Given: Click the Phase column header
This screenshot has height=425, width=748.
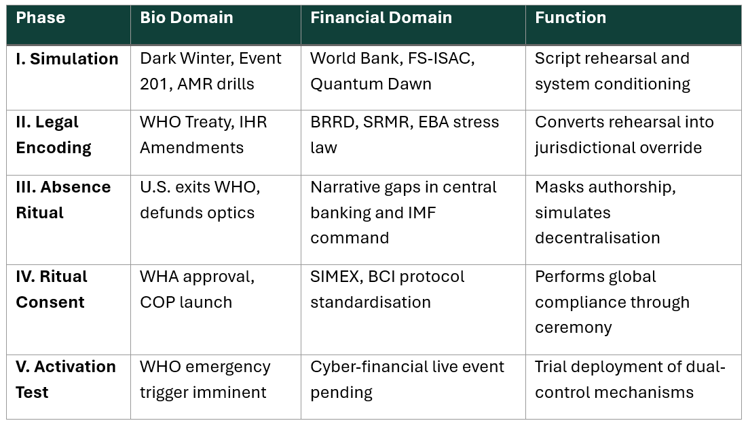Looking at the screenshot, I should pos(40,18).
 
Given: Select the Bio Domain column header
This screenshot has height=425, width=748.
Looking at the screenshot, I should pos(186,18).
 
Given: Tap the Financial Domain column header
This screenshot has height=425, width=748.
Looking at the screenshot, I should pos(381,18).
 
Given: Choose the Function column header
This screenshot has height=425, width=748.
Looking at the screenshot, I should pos(570,18).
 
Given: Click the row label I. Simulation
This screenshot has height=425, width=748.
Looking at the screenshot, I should pos(67,59).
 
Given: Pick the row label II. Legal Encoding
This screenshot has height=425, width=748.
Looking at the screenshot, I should pos(53,135).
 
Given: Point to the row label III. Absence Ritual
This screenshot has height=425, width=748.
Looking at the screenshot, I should pos(62,199).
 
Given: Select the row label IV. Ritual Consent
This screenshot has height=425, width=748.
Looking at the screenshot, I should pos(52,289).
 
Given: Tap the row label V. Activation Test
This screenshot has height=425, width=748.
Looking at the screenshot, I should pos(65,379).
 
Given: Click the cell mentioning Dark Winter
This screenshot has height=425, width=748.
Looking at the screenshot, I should pos(210,71).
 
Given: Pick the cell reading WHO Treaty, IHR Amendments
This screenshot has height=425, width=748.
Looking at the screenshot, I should pos(204,135).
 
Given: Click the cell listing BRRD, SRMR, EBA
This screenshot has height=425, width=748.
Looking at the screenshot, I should pos(405,135).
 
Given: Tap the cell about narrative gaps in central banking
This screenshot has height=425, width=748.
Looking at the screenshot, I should pos(403,212).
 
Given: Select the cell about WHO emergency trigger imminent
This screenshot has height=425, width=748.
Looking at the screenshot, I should pos(205,379).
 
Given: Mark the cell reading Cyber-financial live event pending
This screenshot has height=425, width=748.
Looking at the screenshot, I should pos(407,379).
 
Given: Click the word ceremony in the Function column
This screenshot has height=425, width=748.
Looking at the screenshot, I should pos(573,327).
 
